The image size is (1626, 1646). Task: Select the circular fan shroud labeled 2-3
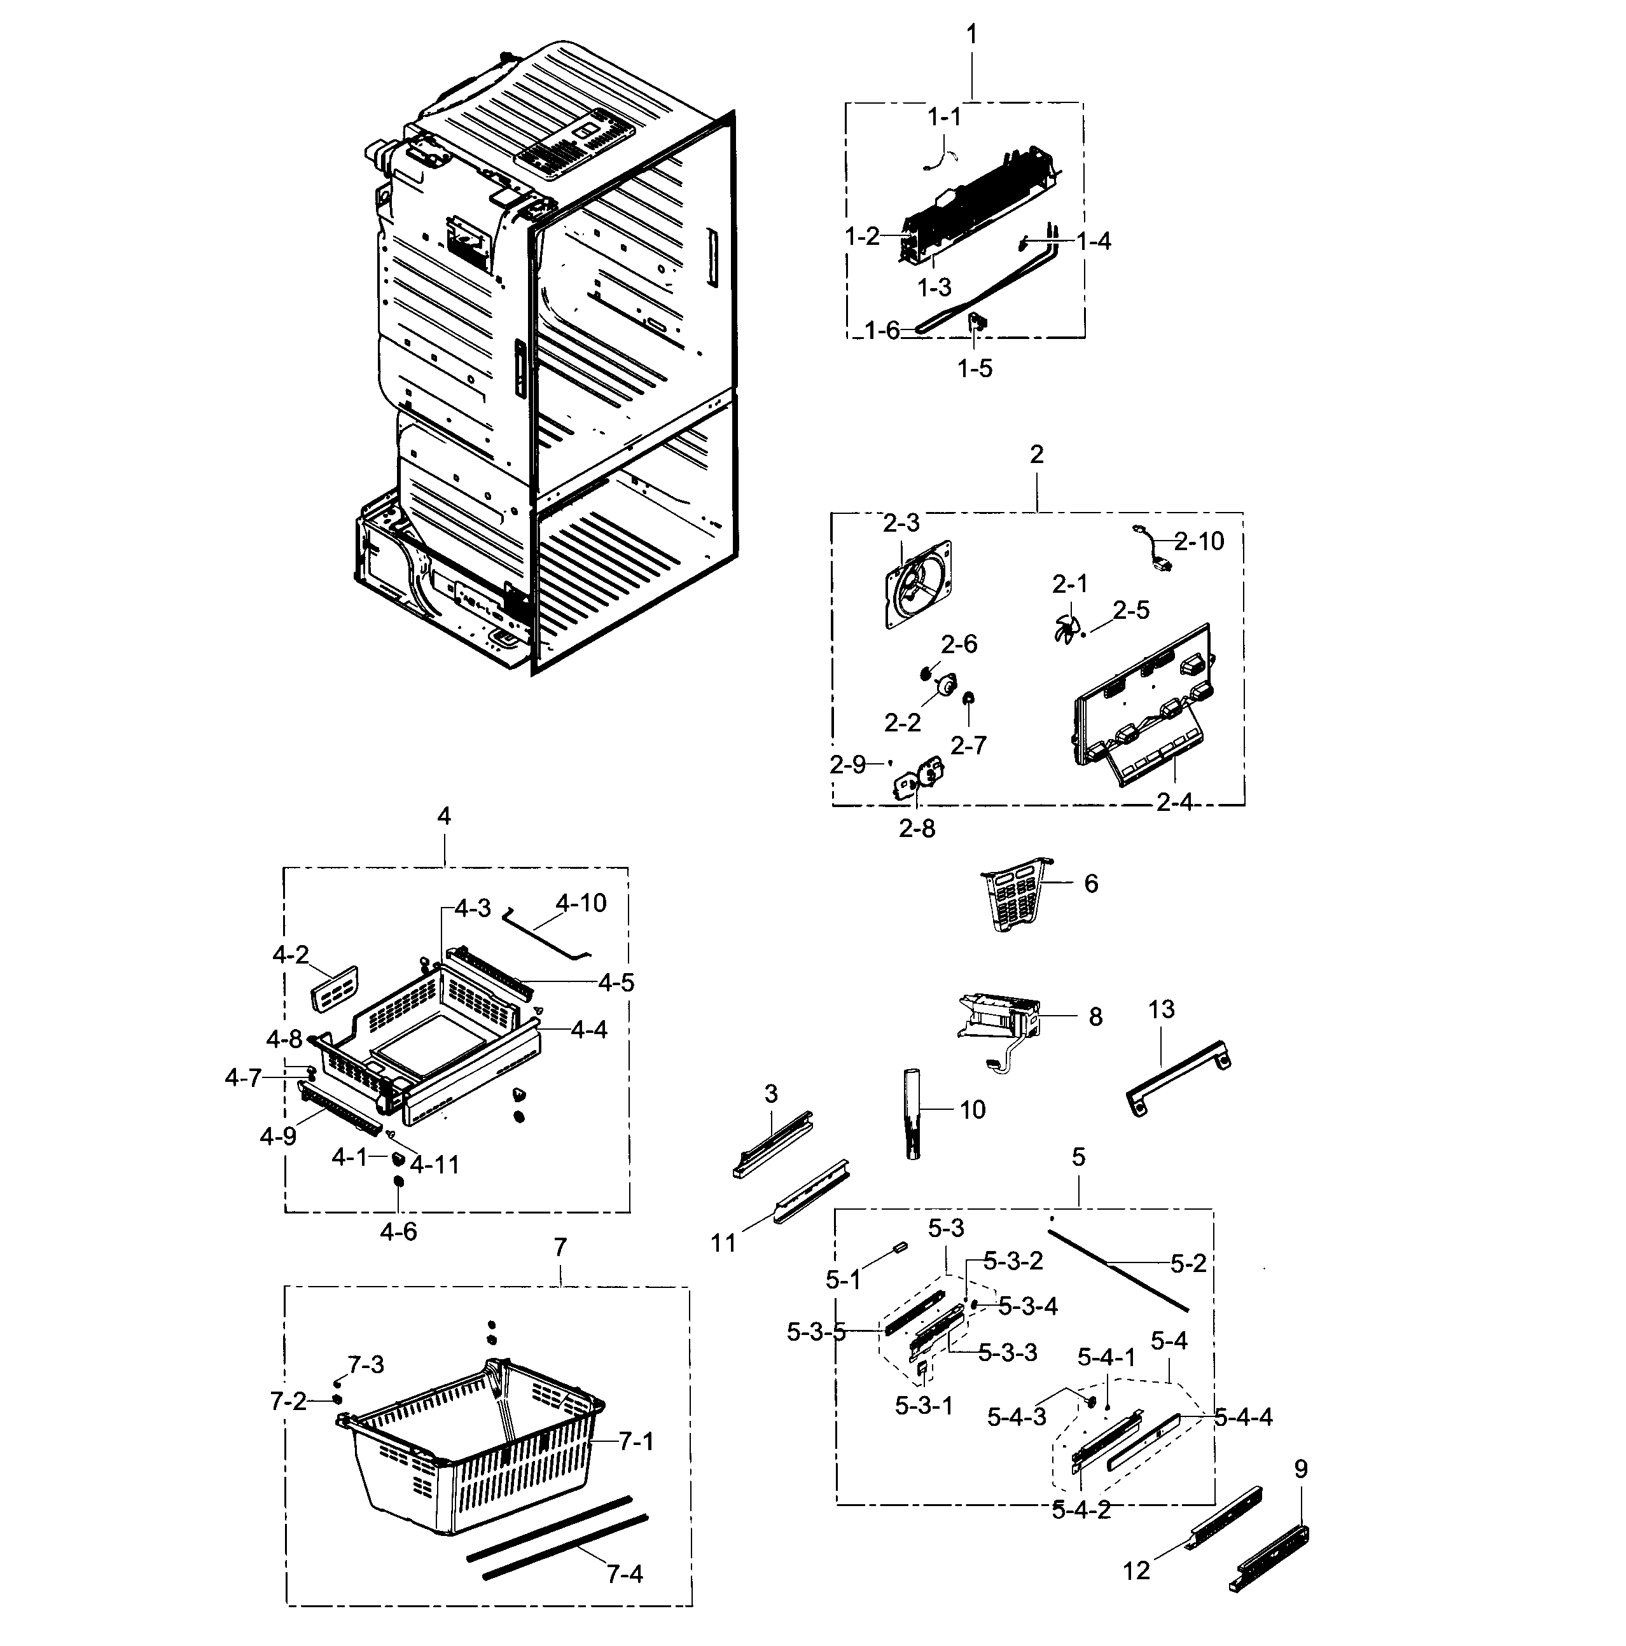[x=919, y=584]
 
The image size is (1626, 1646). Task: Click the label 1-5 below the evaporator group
[x=974, y=369]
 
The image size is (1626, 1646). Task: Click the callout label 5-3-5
[x=816, y=1332]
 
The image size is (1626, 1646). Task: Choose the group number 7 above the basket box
[x=559, y=1247]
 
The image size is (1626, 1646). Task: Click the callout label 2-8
[x=916, y=828]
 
